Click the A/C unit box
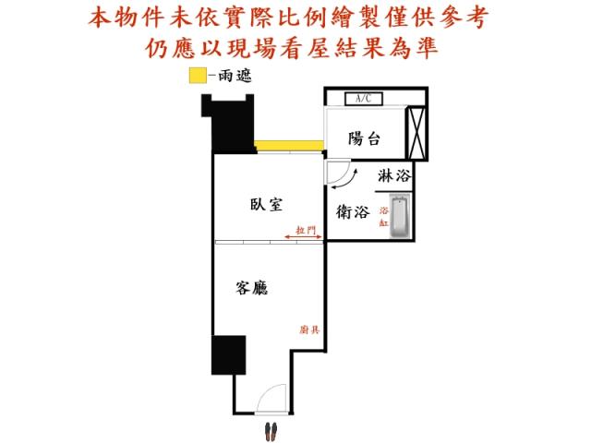pos(364,99)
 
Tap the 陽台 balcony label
pos(364,138)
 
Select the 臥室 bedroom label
pos(266,205)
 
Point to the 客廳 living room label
pos(251,288)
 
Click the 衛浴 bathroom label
pos(353,211)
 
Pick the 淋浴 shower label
pos(394,176)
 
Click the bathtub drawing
pos(400,216)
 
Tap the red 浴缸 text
pos(384,216)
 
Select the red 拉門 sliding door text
pos(306,230)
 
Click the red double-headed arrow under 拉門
pos(303,237)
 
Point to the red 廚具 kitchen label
pos(309,330)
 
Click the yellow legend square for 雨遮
pos(198,76)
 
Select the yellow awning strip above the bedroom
pos(289,146)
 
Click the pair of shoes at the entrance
pos(271,431)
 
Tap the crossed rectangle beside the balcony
pos(416,133)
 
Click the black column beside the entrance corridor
pos(228,355)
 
